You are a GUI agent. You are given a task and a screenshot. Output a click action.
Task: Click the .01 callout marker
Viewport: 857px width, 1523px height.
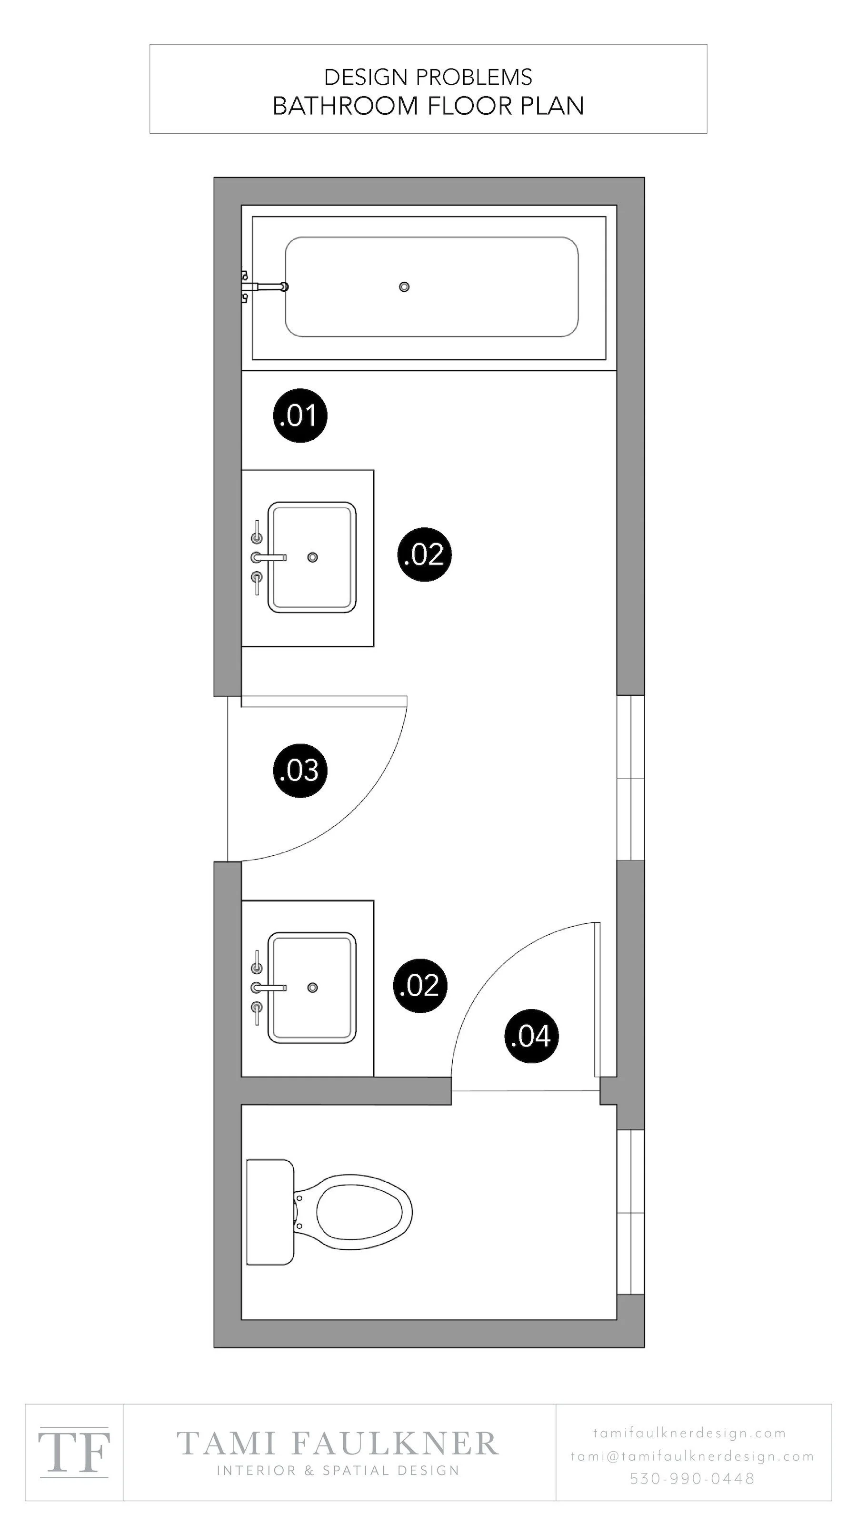point(300,415)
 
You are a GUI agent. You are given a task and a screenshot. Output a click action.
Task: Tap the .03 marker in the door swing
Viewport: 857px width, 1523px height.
point(300,771)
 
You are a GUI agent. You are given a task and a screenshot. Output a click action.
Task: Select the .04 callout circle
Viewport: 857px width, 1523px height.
point(531,1036)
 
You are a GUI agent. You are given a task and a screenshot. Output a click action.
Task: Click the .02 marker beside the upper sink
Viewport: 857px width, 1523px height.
point(424,554)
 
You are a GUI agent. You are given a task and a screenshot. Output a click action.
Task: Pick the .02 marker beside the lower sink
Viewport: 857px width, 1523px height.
point(420,986)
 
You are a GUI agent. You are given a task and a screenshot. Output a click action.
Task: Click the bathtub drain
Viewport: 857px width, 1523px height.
point(404,287)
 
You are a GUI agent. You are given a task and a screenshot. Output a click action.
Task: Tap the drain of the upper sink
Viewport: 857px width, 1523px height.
point(312,557)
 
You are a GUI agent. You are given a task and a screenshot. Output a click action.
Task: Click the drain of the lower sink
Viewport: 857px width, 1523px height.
point(312,988)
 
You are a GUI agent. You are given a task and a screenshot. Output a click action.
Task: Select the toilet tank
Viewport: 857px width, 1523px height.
point(269,1212)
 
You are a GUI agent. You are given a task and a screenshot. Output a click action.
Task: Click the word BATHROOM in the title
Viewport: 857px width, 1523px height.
point(345,106)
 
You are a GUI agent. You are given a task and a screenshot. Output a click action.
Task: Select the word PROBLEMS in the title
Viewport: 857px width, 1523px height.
point(474,77)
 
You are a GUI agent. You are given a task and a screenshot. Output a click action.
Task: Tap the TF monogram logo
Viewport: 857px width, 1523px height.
point(74,1452)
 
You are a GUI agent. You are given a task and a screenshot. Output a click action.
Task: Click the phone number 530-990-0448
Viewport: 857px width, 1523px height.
point(692,1478)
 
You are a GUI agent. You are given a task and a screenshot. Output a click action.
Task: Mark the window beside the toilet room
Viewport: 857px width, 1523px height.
point(630,1213)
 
